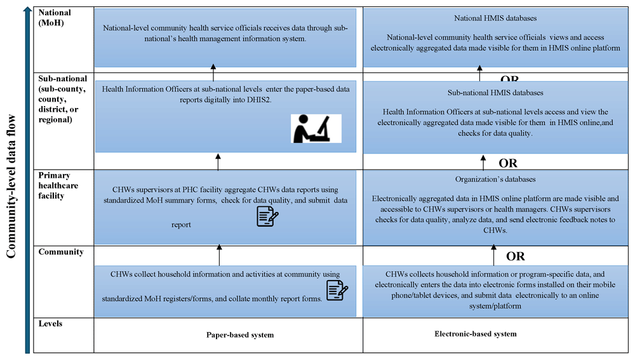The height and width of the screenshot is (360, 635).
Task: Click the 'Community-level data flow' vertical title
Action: point(11,186)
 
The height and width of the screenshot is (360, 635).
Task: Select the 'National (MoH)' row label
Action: point(55,18)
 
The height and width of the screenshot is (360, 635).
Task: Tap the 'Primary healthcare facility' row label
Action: point(58,185)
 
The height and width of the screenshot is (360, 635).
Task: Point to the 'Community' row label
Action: point(61,252)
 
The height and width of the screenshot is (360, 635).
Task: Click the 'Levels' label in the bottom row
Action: point(50,324)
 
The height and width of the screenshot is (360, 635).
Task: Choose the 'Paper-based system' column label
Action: point(240,335)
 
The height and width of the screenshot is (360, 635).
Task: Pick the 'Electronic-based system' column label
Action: point(476,334)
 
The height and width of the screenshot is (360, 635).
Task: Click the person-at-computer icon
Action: point(316,128)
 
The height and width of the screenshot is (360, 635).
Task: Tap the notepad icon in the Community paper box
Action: point(337,290)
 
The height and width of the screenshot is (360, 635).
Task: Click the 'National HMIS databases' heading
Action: point(495,18)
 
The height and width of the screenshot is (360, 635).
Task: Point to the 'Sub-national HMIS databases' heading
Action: point(495,93)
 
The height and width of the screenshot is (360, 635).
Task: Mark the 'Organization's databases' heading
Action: point(495,180)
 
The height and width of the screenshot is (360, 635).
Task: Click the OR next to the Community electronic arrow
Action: point(515,257)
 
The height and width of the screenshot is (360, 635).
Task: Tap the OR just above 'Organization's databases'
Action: point(508,163)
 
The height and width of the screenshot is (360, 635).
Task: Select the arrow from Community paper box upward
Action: point(219,255)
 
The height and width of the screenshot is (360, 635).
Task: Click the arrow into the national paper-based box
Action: point(213,72)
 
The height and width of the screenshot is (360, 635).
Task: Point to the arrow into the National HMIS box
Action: point(479,73)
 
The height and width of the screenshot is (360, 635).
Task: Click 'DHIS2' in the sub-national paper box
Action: point(259,100)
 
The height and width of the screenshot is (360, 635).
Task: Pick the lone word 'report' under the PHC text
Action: point(181,225)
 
